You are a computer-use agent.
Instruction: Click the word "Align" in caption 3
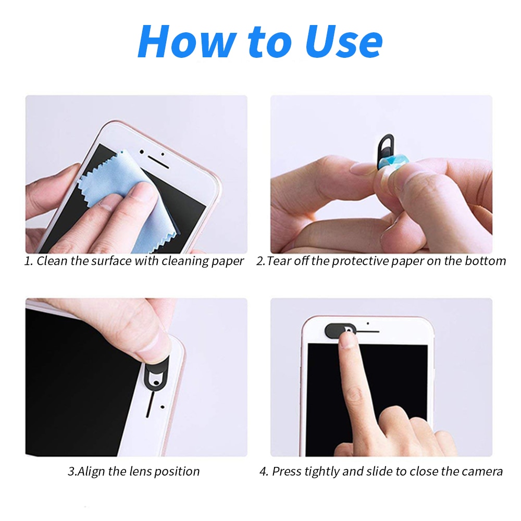click(93, 472)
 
